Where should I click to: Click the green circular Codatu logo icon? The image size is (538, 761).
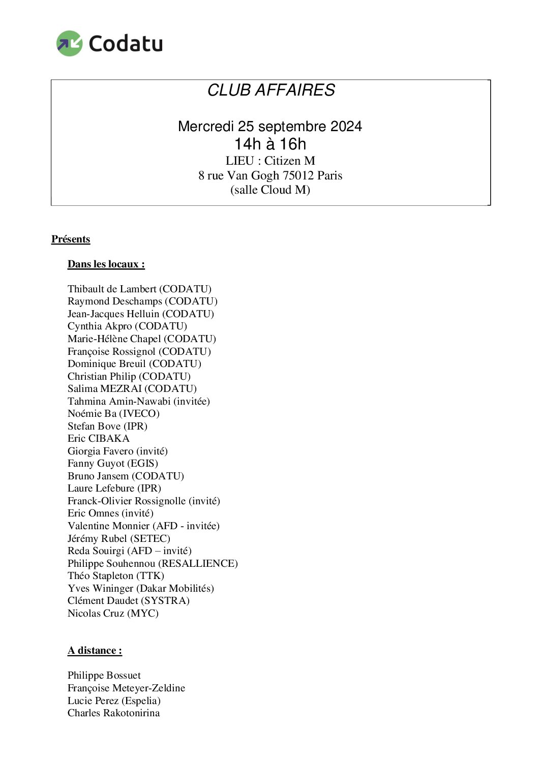click(69, 43)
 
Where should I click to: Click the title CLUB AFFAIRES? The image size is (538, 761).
click(271, 90)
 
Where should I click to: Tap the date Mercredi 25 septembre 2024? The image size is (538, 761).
click(270, 126)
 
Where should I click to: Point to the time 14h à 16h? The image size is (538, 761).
click(270, 144)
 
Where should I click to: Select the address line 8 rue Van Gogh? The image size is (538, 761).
click(270, 175)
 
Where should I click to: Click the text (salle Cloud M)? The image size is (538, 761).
click(270, 190)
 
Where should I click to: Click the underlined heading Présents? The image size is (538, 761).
click(71, 239)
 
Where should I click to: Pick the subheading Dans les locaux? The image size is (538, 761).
click(106, 264)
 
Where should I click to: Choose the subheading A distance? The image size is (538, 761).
click(95, 651)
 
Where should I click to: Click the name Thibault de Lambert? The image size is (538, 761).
click(112, 289)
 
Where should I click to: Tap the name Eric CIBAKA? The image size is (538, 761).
click(99, 438)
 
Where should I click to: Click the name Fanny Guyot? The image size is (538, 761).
click(96, 463)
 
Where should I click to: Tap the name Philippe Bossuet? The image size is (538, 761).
click(104, 675)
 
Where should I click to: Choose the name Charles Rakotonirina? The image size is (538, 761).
click(114, 713)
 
